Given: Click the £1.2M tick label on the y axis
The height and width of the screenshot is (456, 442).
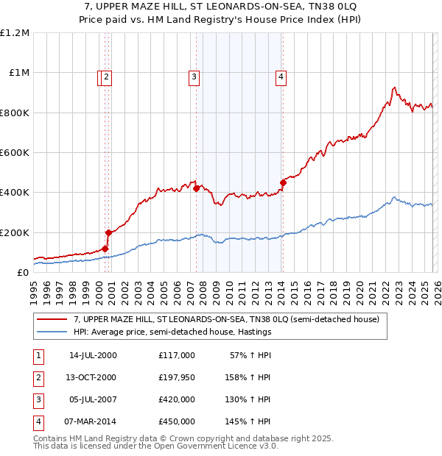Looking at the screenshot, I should (x=14, y=33).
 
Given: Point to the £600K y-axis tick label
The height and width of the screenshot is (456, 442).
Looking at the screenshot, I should (x=14, y=153).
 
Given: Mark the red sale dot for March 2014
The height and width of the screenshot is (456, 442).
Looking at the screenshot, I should (x=283, y=182).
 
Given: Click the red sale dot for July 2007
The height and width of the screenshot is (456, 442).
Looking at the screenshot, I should (x=196, y=188).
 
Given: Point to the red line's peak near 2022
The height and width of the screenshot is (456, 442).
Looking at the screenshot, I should (x=394, y=88).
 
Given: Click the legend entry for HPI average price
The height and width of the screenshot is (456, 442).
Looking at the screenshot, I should (x=172, y=332).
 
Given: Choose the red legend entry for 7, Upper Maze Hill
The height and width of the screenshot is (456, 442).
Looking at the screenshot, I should (x=225, y=319).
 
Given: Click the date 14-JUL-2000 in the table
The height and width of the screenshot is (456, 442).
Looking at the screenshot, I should (x=92, y=355).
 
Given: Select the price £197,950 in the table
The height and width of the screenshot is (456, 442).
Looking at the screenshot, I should (x=176, y=377).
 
